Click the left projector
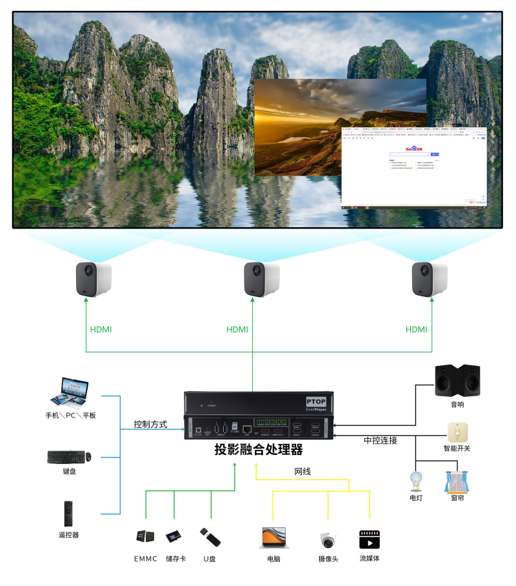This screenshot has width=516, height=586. pos(93,279)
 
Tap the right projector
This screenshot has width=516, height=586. pos(430,279)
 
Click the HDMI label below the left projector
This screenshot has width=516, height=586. pos(101,330)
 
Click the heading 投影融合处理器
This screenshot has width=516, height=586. pos(258,450)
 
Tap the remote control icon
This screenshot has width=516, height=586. pos(68,514)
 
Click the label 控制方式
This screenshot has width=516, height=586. pos(150,425)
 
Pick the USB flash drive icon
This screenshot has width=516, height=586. pos(210,536)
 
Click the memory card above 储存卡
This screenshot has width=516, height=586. pos(174,536)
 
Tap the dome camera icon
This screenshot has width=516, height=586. pos(328,540)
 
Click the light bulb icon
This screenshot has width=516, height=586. pos(416,481)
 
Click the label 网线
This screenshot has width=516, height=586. pos(303,472)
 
